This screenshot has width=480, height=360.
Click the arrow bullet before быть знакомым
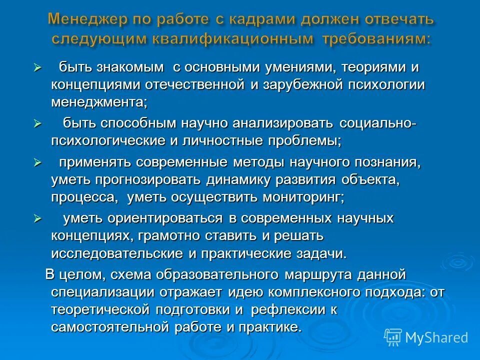[x=36, y=67]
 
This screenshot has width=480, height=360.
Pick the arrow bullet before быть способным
[x=36, y=123]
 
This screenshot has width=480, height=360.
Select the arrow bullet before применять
[x=36, y=162]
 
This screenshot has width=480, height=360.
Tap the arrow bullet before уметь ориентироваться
[x=36, y=218]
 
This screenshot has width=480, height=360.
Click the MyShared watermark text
[x=436, y=337]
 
